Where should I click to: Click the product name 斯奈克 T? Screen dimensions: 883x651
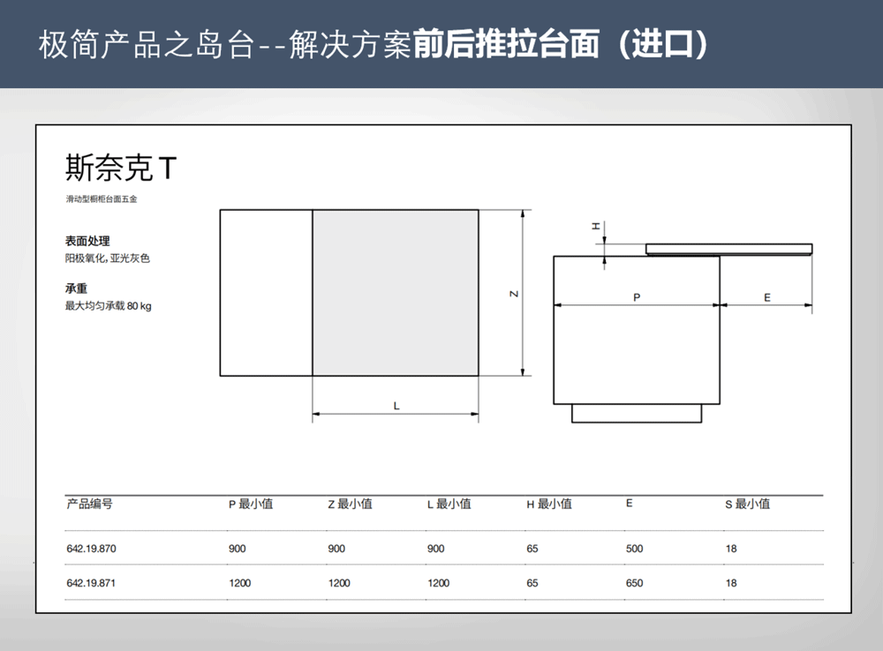click(121, 168)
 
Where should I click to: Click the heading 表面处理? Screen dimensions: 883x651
click(87, 241)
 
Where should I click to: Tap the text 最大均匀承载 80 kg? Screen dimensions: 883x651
click(108, 306)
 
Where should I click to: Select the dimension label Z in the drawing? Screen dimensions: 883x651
click(514, 294)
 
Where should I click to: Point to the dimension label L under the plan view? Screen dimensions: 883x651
click(396, 406)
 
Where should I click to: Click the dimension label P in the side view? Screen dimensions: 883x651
click(637, 297)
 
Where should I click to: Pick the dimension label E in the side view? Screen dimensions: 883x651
click(767, 297)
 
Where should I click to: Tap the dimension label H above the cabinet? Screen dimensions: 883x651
click(596, 226)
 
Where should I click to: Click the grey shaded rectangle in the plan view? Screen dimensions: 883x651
click(396, 293)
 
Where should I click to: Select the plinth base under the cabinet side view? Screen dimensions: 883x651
click(637, 413)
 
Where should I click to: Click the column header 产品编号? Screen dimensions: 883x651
click(89, 504)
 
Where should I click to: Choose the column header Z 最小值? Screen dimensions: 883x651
click(351, 504)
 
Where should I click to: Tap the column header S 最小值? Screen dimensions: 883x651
click(747, 504)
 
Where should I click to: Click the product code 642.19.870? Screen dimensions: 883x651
click(91, 549)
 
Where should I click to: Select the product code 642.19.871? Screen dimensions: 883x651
click(91, 583)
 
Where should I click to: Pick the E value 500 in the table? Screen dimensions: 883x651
click(634, 549)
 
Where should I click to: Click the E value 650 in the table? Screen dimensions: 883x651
click(634, 583)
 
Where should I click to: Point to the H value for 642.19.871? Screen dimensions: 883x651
click(532, 583)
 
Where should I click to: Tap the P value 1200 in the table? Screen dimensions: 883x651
click(240, 583)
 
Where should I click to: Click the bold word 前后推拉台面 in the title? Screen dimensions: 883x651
click(506, 44)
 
